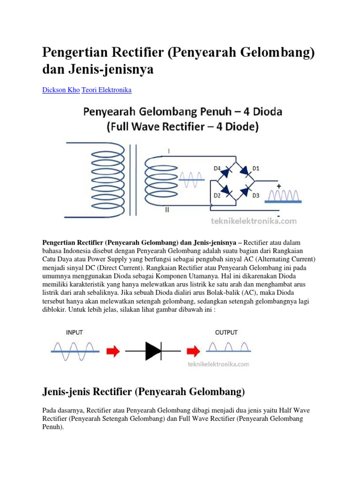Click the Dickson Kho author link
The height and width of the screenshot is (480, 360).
pos(61,90)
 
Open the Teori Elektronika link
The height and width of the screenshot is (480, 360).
pos(106,90)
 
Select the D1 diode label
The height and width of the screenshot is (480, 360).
pos(256,167)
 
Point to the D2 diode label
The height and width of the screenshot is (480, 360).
pos(217,195)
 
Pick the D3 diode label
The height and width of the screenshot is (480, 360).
pos(256,195)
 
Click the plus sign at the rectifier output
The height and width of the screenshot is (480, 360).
pos(278,186)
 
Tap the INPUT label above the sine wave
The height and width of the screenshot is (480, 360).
pos(74,332)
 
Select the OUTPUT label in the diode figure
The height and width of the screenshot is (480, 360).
pos(226,332)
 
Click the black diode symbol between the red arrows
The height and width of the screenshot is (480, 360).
pos(153,350)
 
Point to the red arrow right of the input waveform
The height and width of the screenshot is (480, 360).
pos(113,350)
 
